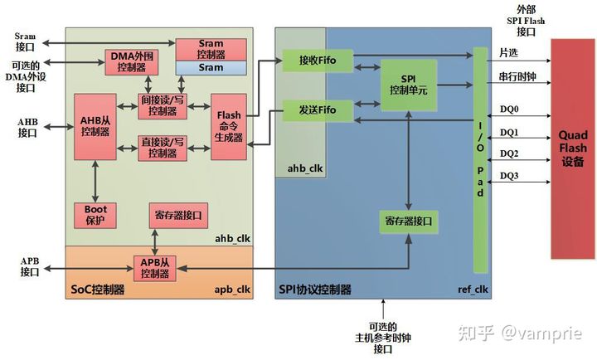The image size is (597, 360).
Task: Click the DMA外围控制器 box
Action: point(128,61)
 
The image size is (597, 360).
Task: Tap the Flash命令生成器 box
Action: point(227,126)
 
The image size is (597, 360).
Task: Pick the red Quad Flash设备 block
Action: point(572,148)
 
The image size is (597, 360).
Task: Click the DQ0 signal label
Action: point(510,109)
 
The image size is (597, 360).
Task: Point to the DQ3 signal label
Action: point(510,175)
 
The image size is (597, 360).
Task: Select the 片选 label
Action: point(507,53)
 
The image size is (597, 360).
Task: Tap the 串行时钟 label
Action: point(515,76)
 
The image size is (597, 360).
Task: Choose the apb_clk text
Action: point(232,289)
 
